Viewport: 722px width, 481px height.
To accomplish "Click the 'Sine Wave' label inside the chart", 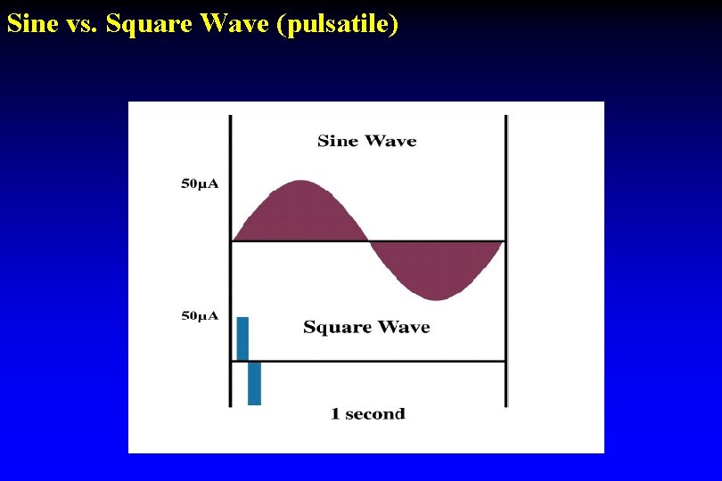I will pyautogui.click(x=366, y=141).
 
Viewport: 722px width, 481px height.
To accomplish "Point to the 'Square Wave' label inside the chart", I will pyautogui.click(x=366, y=327).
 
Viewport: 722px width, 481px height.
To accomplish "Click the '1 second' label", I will pyautogui.click(x=367, y=414).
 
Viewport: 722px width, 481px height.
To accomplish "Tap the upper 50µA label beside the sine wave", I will pyautogui.click(x=200, y=184).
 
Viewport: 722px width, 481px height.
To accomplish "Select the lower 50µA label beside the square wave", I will pyautogui.click(x=200, y=316).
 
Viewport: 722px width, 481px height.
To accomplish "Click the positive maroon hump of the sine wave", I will pyautogui.click(x=301, y=214).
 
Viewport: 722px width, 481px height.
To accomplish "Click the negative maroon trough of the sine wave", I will pyautogui.click(x=437, y=267).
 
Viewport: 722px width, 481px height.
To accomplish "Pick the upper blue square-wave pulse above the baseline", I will pyautogui.click(x=242, y=338).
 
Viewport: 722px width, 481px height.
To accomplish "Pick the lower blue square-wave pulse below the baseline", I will pyautogui.click(x=254, y=383).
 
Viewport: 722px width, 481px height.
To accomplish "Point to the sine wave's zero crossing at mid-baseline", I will pyautogui.click(x=369, y=240).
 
